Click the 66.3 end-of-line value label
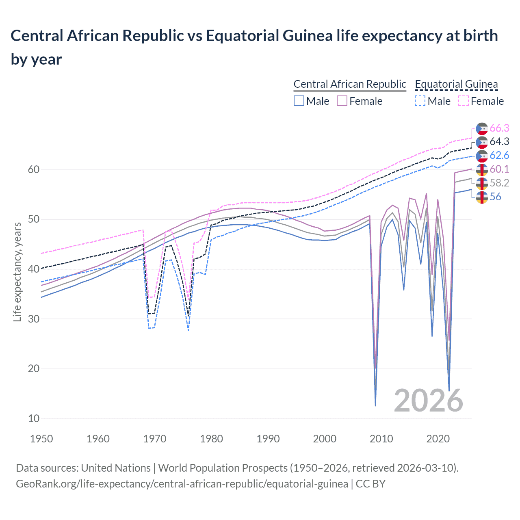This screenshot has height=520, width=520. (x=499, y=128)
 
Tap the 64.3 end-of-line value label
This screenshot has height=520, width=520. (x=499, y=142)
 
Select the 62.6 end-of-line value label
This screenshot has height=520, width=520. (x=499, y=156)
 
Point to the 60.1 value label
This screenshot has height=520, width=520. (x=499, y=169)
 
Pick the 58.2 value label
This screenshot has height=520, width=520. (x=499, y=183)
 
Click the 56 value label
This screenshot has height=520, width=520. (x=495, y=197)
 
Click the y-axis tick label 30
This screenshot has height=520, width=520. (x=34, y=319)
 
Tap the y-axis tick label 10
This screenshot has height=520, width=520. (x=34, y=418)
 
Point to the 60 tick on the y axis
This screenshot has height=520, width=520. (x=34, y=170)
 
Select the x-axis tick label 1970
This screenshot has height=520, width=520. (x=155, y=439)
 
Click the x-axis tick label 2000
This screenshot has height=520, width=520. (x=325, y=439)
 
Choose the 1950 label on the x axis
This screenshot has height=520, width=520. (x=41, y=439)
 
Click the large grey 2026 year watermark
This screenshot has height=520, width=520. (x=428, y=401)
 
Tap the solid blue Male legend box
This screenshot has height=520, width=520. (x=299, y=101)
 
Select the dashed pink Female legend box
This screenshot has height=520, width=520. (x=464, y=101)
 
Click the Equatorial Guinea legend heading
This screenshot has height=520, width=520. (x=456, y=84)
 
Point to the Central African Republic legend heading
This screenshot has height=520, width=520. (x=349, y=84)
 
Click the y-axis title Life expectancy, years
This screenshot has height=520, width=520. (x=17, y=272)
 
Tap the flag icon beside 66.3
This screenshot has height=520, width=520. (x=482, y=128)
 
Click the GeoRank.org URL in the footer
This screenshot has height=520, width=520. (x=182, y=484)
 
